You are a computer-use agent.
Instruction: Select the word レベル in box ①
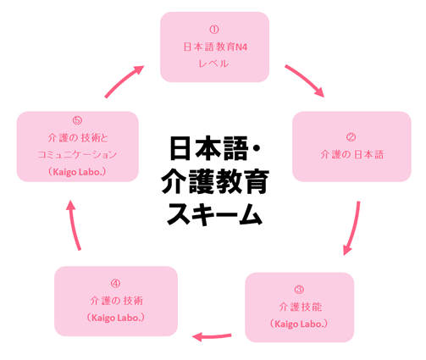pos(213,64)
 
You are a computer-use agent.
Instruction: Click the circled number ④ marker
pos(114,282)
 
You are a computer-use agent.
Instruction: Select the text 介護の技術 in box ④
pos(114,300)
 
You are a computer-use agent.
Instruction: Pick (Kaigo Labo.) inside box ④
pos(114,318)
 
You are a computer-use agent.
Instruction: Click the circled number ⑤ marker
pos(76,120)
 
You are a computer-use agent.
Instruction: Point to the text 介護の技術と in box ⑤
pos(76,137)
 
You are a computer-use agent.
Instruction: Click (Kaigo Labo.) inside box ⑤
pos(76,172)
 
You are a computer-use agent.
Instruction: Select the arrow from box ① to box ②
pos(305,79)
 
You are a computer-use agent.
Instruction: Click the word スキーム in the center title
pos(213,215)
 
